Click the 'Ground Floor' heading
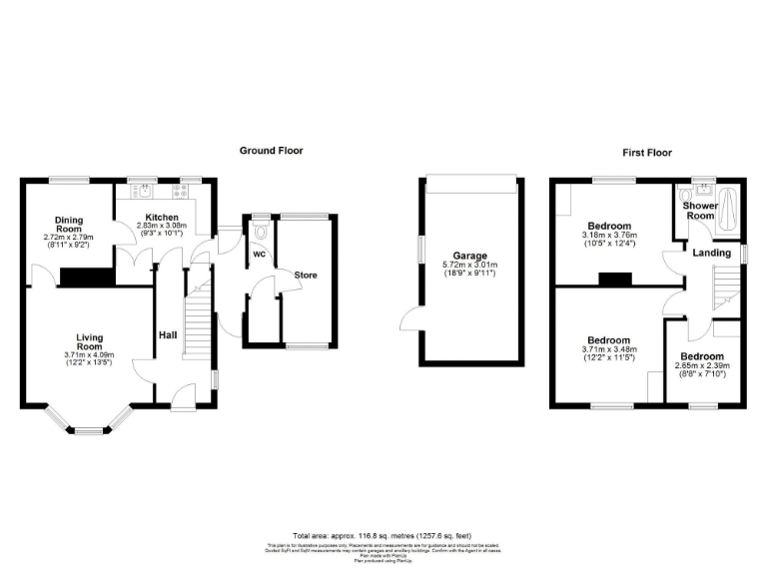(x=271, y=151)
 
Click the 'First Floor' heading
(x=647, y=153)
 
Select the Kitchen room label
(x=162, y=217)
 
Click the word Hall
(x=168, y=335)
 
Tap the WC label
(x=258, y=255)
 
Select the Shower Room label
(x=699, y=211)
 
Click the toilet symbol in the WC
(x=261, y=229)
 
